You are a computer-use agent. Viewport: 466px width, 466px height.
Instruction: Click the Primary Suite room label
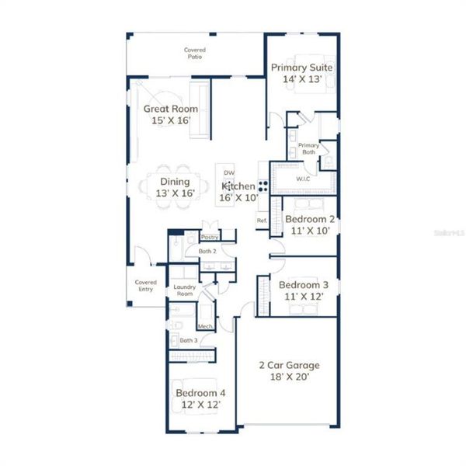(x=301, y=73)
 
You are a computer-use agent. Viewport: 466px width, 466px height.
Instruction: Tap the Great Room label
(x=170, y=115)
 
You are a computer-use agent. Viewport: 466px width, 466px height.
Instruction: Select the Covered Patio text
(x=195, y=54)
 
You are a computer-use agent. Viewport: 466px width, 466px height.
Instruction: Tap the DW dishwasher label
(x=229, y=172)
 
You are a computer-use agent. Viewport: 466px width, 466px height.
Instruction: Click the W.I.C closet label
(x=303, y=179)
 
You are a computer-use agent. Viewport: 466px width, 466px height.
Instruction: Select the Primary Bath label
(x=308, y=148)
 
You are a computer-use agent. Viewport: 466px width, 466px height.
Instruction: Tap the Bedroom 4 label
(x=200, y=398)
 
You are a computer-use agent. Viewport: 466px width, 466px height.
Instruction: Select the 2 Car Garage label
(x=289, y=370)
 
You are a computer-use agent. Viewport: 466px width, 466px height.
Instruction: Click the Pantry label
(x=209, y=237)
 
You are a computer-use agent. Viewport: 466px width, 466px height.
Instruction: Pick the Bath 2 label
(x=207, y=252)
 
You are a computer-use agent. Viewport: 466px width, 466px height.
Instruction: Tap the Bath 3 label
(x=188, y=340)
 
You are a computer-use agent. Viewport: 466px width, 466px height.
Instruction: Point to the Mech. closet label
(x=206, y=326)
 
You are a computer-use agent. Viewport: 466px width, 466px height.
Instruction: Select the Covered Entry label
(x=145, y=286)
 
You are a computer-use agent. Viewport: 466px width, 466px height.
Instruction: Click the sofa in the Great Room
(x=199, y=110)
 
